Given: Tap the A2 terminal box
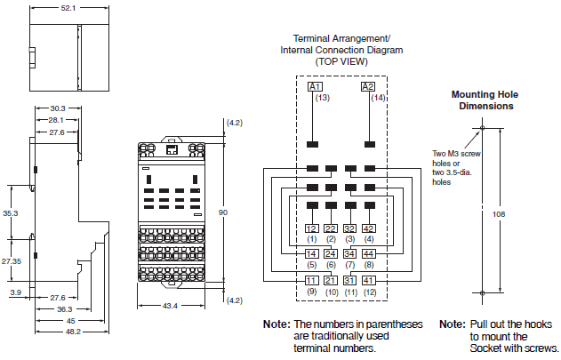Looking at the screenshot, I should click(x=367, y=86).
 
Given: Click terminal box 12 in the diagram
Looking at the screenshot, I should click(x=311, y=228).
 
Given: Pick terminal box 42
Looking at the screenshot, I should click(x=369, y=228).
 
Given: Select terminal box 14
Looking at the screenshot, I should click(x=311, y=254).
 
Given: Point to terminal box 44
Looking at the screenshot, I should click(x=369, y=254).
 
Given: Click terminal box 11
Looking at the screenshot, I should click(x=311, y=280).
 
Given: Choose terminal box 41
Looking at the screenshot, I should click(x=369, y=280).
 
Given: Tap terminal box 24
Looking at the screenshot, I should click(x=331, y=254).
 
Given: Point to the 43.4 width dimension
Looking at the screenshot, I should click(x=169, y=307).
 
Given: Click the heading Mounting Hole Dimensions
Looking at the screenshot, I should click(x=482, y=100).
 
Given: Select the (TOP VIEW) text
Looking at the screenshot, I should click(x=341, y=62).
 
